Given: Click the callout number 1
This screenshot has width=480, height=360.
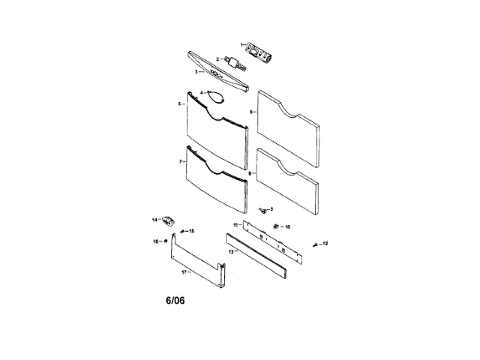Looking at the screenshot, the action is (x=241, y=45).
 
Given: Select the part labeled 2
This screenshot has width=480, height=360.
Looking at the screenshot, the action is (x=234, y=61).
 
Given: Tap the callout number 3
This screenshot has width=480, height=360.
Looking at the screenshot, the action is (x=196, y=72).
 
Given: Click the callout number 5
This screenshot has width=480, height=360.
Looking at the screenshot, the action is (x=180, y=104).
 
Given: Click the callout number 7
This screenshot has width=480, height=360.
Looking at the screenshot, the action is (x=181, y=161).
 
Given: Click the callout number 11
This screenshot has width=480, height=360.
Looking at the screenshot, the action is (x=234, y=225).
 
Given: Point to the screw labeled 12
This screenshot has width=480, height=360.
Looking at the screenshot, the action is (x=316, y=244).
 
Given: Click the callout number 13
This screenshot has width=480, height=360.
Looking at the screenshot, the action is (x=230, y=252).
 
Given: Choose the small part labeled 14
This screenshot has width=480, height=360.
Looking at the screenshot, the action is (x=170, y=220).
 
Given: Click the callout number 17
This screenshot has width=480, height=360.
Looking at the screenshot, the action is (x=183, y=272).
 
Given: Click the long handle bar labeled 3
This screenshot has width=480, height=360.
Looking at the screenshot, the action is (x=217, y=73).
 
